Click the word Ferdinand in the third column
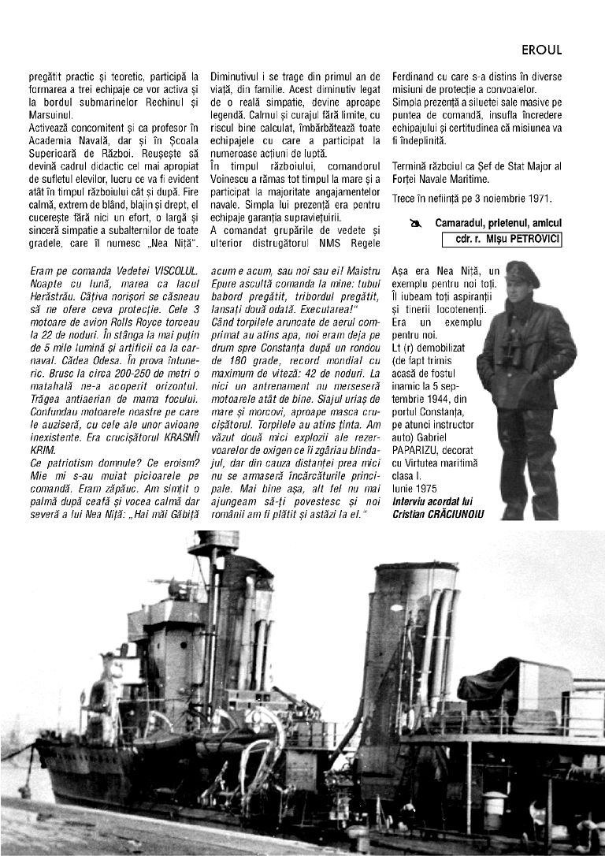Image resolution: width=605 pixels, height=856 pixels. point(415,77)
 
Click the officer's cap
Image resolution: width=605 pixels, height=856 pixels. point(521,273)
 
